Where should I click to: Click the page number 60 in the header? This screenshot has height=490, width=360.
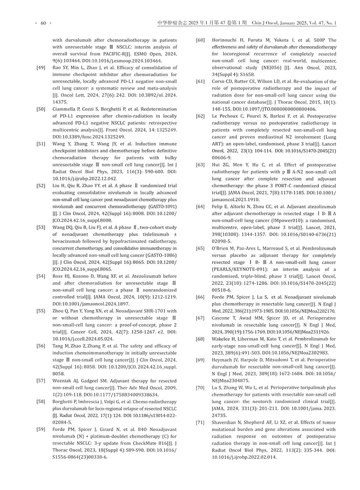click(43, 23)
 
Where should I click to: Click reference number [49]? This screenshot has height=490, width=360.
click(41, 68)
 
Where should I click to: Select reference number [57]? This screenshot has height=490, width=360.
click(41, 381)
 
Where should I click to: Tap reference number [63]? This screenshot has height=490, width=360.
click(200, 165)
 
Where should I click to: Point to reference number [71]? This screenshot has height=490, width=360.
click(200, 422)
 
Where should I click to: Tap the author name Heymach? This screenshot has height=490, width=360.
click(222, 360)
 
